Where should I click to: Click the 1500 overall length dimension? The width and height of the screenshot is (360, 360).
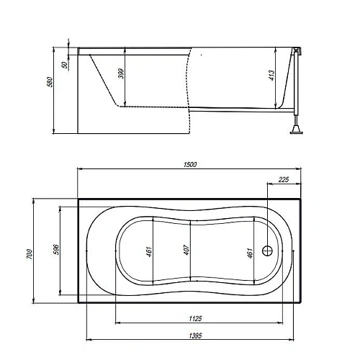click(190, 165)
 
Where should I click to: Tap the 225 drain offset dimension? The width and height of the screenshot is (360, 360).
click(284, 179)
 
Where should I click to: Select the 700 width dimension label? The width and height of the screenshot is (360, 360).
click(30, 254)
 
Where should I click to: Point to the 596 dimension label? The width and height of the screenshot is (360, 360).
click(55, 250)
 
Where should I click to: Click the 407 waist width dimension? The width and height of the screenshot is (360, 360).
click(186, 250)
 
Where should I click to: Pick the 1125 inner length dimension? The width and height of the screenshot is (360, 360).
click(196, 318)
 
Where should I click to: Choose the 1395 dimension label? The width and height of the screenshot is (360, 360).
click(195, 336)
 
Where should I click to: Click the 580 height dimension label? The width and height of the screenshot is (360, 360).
click(50, 82)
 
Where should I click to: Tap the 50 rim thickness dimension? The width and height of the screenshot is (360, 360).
click(64, 65)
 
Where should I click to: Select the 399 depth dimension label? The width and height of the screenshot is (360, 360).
click(122, 73)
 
